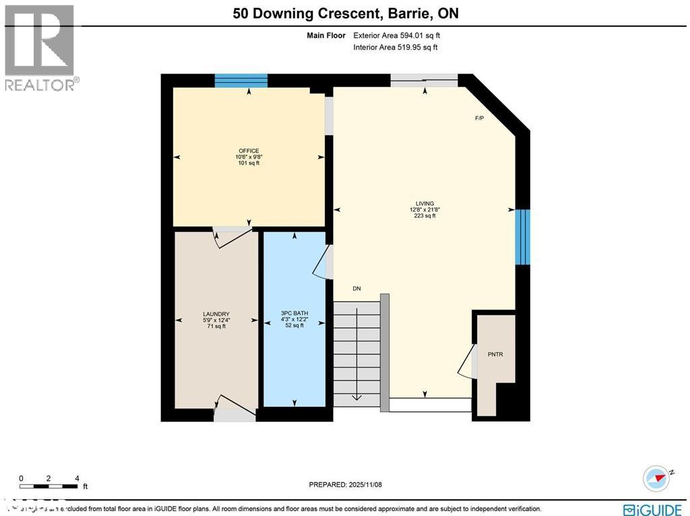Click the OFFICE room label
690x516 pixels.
tap(248, 151)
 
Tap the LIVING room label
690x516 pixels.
tap(425, 203)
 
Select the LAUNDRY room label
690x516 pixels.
tap(216, 314)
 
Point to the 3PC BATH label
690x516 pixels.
tap(292, 314)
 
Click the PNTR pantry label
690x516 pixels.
tap(496, 353)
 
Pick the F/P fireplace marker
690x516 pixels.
tap(480, 119)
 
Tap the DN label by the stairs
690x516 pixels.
tap(356, 289)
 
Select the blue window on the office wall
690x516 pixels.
tap(241, 81)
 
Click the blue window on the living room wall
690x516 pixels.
tap(523, 236)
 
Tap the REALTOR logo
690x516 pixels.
tap(40, 48)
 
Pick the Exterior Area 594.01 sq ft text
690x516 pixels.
tap(397, 36)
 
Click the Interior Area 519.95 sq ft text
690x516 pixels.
tap(396, 47)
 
